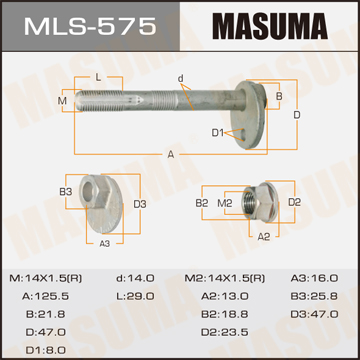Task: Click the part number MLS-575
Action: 90,26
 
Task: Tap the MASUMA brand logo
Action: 270,26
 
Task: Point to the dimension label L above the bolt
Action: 98,78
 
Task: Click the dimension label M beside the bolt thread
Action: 62,100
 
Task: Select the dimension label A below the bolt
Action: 171,155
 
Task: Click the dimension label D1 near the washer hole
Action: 218,133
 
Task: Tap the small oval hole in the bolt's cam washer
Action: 246,136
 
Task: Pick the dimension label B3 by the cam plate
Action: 66,192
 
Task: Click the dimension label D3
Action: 140,204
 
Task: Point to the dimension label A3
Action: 105,244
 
